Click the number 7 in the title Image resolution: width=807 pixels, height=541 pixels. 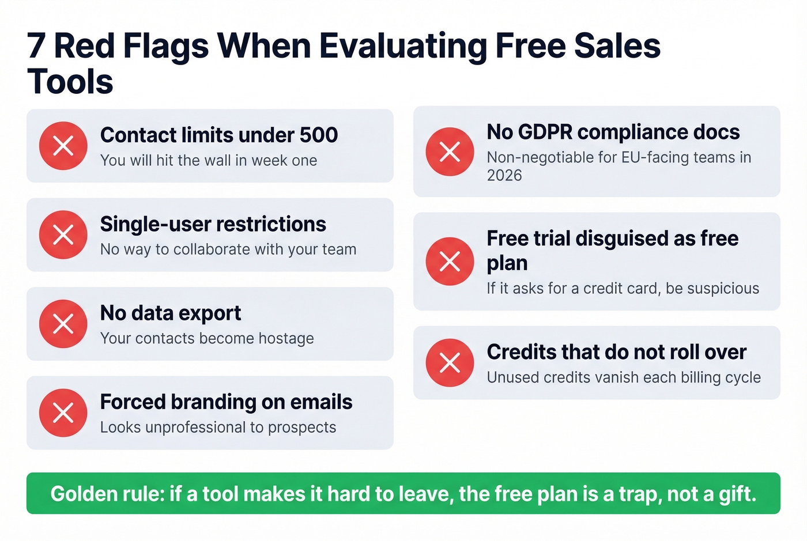(x=36, y=46)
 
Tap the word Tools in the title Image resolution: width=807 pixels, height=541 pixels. (x=70, y=82)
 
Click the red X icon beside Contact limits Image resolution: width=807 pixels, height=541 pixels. (x=63, y=146)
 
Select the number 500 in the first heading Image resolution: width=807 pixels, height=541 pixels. (x=318, y=135)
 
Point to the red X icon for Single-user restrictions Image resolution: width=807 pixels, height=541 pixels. (x=63, y=234)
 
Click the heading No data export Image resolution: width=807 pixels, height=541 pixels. (x=171, y=313)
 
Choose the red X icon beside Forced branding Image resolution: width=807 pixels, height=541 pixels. (x=63, y=413)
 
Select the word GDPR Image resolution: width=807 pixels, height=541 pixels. (x=545, y=132)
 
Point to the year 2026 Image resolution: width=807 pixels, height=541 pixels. (x=504, y=176)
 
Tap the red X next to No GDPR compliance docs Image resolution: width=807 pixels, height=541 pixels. (x=450, y=152)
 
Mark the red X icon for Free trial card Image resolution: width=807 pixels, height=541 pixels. (x=450, y=261)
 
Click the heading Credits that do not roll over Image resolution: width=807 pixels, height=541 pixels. (x=616, y=352)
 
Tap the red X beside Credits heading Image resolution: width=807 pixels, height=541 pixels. (x=450, y=362)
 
